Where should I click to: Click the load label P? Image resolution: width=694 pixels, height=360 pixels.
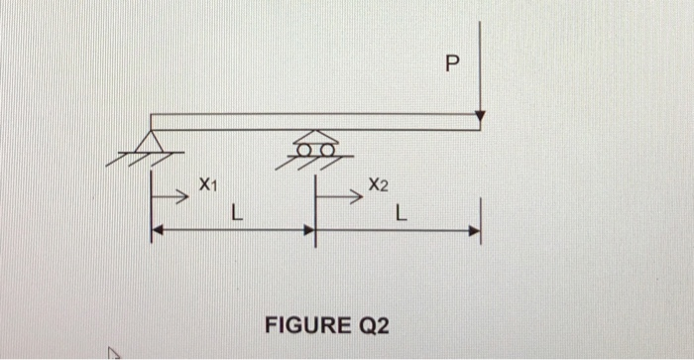[453, 66]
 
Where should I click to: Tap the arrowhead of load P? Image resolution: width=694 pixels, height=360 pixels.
[480, 118]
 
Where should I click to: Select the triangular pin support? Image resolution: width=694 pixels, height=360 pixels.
[153, 142]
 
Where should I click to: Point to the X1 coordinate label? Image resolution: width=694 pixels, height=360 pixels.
[206, 183]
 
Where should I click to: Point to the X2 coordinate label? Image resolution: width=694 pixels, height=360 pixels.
[378, 184]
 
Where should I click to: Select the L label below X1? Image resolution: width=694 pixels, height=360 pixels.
[234, 211]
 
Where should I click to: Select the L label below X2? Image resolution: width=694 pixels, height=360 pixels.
[401, 211]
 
